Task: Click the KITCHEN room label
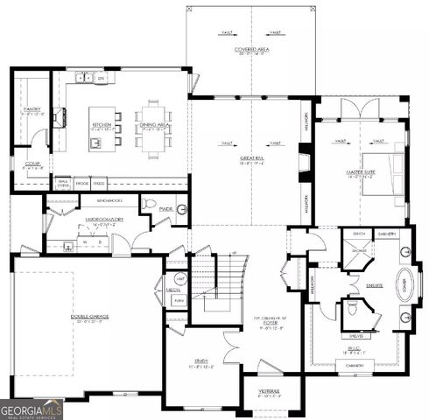pyautogui.click(x=102, y=124)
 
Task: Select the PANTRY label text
pyautogui.click(x=32, y=109)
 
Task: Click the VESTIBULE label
pyautogui.click(x=269, y=390)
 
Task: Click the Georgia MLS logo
pyautogui.click(x=32, y=408)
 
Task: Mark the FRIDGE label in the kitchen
pyautogui.click(x=81, y=183)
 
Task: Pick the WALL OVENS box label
pyautogui.click(x=63, y=184)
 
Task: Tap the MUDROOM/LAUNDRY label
pyautogui.click(x=89, y=223)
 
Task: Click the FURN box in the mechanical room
pyautogui.click(x=179, y=299)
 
